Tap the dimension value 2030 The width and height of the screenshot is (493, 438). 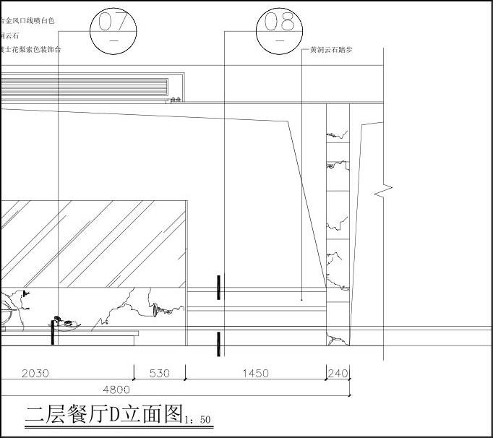click(36, 373)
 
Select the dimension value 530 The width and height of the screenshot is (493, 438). click(159, 373)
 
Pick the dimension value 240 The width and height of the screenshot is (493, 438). click(338, 373)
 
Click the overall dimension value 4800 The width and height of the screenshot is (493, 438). click(117, 389)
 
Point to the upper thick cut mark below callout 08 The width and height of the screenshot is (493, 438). click(219, 287)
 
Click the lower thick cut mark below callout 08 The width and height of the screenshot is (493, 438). click(219, 344)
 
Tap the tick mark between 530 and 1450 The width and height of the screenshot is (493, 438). click(186, 372)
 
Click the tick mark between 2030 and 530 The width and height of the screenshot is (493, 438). click(134, 372)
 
